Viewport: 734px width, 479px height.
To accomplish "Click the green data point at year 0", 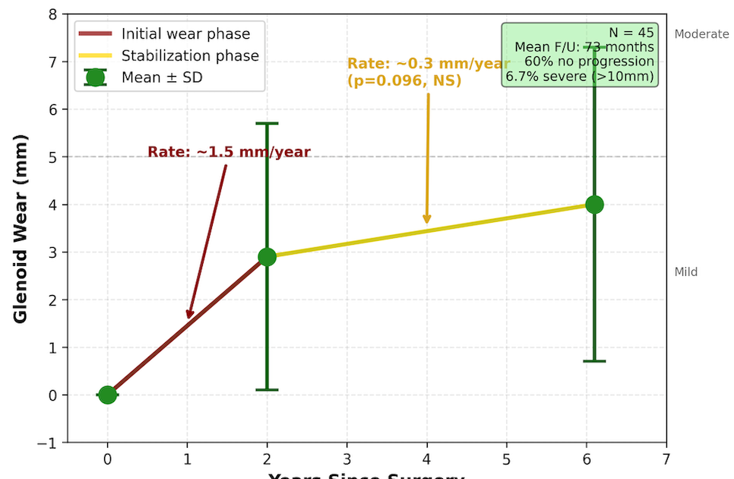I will point(107,395).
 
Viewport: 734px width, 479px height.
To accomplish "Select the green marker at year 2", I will point(267,257).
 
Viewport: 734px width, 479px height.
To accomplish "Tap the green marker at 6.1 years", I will point(594,205).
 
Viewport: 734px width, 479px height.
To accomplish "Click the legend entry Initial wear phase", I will point(185,33).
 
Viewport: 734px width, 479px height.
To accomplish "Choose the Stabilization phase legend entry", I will point(190,56).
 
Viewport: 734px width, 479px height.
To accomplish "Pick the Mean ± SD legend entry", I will point(162,77).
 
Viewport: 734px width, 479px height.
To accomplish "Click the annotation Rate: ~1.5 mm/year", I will point(229,152).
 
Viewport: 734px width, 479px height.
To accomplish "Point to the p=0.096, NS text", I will point(404,80).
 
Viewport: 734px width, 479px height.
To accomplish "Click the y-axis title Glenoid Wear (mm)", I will point(21,228).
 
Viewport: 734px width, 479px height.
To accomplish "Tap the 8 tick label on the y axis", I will point(52,14).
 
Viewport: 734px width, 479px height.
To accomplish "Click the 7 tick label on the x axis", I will point(666,458).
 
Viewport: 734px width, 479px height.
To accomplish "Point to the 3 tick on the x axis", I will point(346,458).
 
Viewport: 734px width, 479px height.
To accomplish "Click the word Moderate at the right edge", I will point(701,34).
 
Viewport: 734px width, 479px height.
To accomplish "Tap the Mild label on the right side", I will point(685,272).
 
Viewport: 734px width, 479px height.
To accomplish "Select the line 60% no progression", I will point(590,62).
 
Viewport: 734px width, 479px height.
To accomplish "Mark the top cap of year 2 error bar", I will point(267,123).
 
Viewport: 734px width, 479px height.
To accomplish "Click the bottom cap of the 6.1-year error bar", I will point(594,361).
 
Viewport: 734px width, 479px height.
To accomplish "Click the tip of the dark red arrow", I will point(188,319).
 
